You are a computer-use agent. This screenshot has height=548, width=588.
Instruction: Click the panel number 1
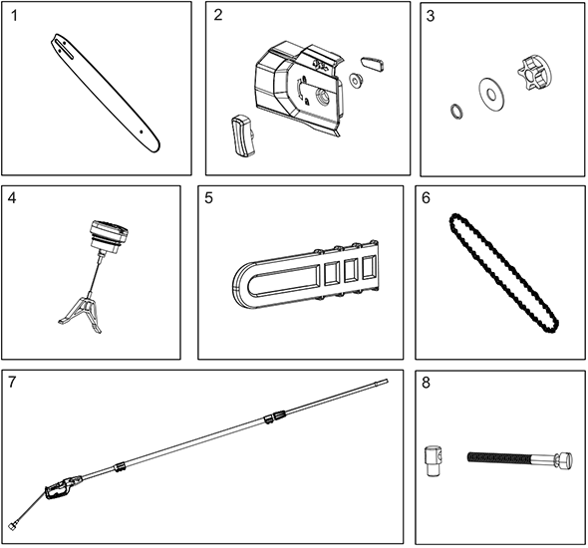tap(14, 16)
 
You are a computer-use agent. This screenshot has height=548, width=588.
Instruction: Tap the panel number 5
tap(208, 197)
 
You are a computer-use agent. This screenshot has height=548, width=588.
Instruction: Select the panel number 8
tap(426, 383)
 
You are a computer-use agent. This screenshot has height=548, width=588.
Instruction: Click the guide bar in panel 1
tap(106, 94)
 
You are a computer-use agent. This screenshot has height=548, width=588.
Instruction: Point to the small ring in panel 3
tap(456, 112)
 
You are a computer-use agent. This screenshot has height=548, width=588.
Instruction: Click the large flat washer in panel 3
tap(491, 95)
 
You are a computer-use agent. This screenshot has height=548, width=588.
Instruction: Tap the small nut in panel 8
tap(434, 460)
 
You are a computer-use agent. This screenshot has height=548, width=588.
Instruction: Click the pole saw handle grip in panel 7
tap(59, 489)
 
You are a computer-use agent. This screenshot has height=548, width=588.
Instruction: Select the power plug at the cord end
tap(14, 525)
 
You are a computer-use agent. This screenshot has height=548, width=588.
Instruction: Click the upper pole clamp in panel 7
tap(275, 416)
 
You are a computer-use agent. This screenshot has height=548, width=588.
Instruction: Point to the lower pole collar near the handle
tap(120, 466)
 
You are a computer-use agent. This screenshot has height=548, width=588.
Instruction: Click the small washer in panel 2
tap(355, 81)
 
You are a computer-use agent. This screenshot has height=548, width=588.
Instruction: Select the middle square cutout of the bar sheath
tap(351, 270)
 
